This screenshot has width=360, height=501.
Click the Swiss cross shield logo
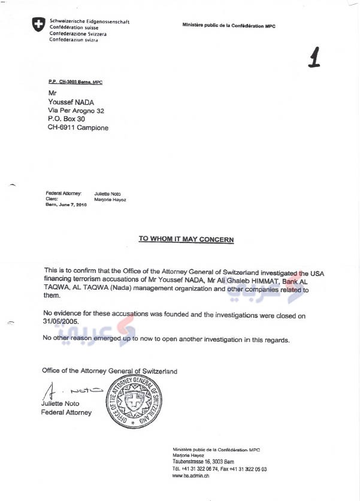(38, 25)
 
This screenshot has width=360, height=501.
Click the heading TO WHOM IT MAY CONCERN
(186, 239)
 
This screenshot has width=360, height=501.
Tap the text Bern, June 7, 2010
(66, 205)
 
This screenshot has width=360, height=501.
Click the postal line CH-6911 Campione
(78, 127)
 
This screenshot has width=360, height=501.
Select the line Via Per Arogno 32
(76, 111)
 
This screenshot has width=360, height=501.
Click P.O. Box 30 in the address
(66, 119)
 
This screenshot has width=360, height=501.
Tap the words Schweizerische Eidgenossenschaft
(90, 22)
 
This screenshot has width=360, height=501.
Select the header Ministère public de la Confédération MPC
(229, 26)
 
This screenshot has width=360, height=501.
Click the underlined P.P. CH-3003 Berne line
(75, 81)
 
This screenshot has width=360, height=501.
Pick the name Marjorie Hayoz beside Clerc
(110, 199)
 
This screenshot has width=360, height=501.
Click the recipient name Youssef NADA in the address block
(72, 102)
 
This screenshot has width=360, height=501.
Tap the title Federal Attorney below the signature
(66, 412)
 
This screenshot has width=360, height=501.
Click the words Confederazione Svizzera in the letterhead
(78, 34)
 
